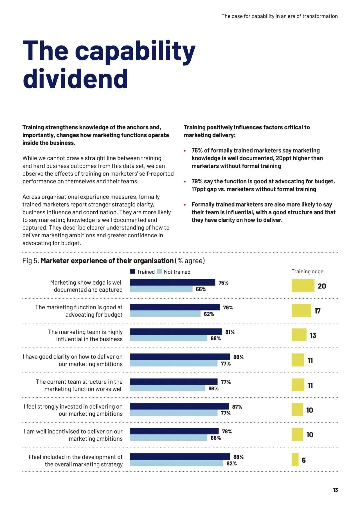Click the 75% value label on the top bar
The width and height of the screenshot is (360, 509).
click(223, 283)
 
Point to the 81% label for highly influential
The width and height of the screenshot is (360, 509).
click(230, 332)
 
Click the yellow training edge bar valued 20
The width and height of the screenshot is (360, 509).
click(303, 286)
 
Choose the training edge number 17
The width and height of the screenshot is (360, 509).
click(317, 311)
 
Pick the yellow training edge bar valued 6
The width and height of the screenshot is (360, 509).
click(295, 460)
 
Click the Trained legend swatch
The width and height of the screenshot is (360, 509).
click(133, 271)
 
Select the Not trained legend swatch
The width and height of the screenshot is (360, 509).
click(159, 271)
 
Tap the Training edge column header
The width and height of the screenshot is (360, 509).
click(307, 271)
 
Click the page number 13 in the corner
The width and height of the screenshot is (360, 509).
click(335, 490)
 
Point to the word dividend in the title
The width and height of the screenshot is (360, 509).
click(75, 79)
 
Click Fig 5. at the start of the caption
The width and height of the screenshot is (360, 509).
click(31, 261)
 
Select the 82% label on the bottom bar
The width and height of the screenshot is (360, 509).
click(231, 463)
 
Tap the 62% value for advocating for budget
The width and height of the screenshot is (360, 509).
click(209, 314)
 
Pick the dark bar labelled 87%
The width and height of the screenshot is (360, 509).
click(179, 406)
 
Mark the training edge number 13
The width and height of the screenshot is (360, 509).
click(313, 335)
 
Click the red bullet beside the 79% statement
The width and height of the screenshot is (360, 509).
click(185, 182)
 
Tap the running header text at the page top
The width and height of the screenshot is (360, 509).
click(279, 16)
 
